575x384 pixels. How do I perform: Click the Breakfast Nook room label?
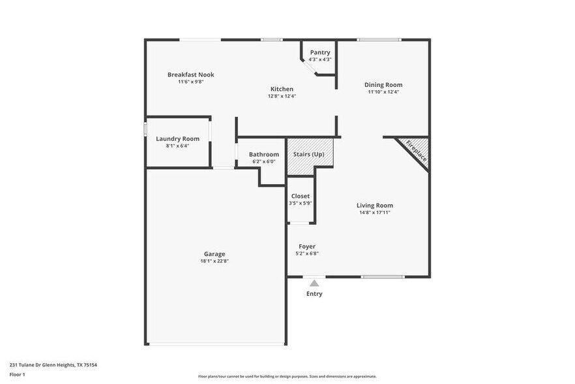(190, 74)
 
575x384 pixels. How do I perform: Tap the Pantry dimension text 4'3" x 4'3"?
(320, 59)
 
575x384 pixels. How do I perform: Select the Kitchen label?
(282, 89)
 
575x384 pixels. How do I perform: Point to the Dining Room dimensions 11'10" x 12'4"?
(383, 92)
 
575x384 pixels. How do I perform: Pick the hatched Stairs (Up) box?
(310, 155)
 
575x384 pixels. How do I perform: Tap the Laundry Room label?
(177, 138)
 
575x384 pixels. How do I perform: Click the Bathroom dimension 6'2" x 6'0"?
(263, 161)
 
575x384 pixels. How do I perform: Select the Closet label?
(301, 196)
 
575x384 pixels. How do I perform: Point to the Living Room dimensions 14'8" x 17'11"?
(374, 212)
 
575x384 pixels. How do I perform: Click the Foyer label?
(306, 246)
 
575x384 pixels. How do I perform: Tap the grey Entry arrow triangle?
(314, 283)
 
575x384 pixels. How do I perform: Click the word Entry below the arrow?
(314, 294)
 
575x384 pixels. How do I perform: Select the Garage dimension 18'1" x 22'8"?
(214, 261)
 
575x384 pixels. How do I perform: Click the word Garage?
(214, 254)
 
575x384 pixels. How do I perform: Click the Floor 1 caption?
(17, 374)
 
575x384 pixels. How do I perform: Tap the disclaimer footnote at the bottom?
(287, 376)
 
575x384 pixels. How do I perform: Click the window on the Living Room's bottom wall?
(383, 277)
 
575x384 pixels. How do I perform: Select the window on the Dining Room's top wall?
(379, 40)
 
